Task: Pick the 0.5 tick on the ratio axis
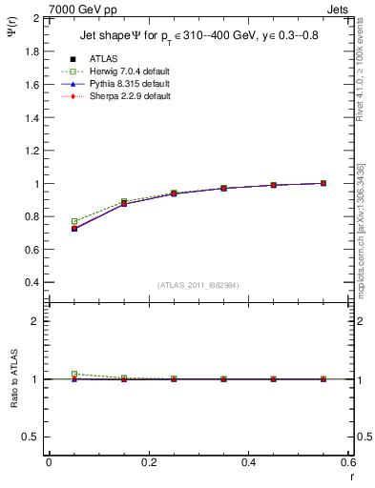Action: [32, 437]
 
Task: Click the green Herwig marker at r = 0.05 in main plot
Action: [74, 221]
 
